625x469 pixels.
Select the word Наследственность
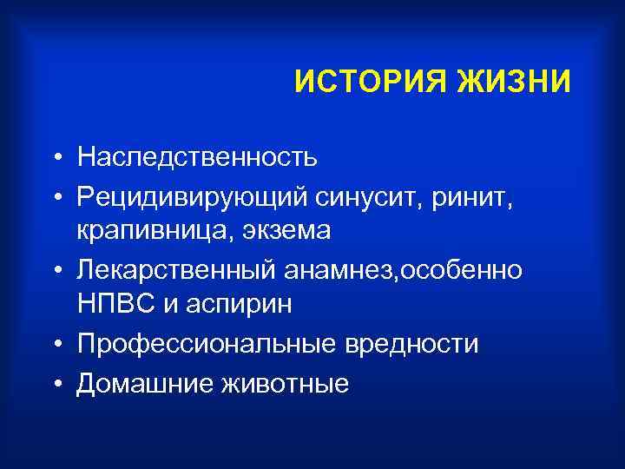(x=197, y=157)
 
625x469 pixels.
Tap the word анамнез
(x=333, y=270)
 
